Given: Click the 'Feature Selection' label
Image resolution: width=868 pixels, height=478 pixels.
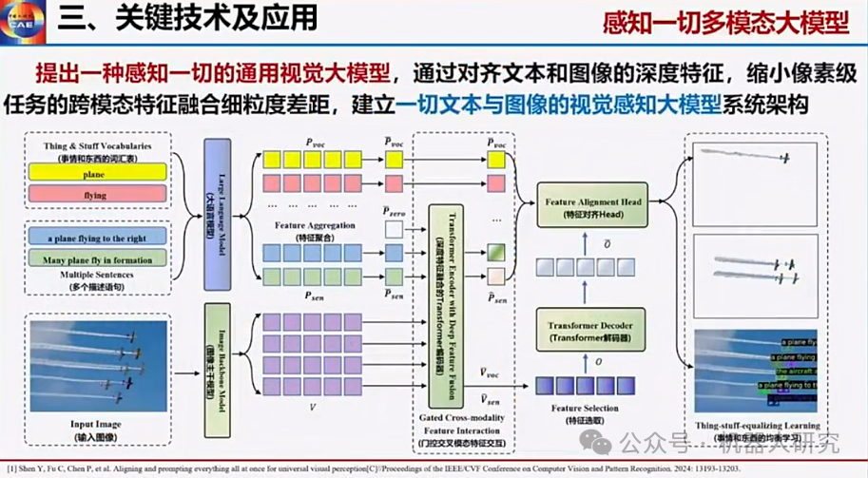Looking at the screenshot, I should (585, 409).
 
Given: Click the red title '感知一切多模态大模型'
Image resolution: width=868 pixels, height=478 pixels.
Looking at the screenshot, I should (725, 23).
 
